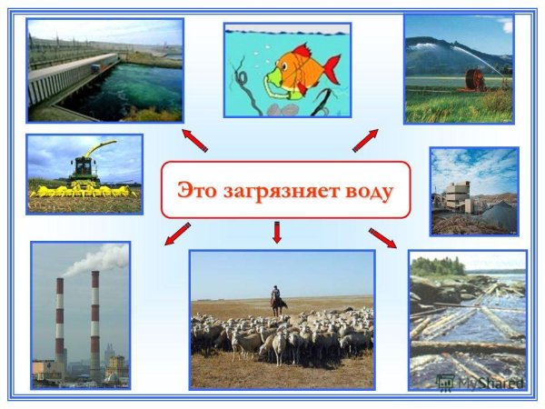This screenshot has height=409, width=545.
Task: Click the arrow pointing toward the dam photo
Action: pos(195,140)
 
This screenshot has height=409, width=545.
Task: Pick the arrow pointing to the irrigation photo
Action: pos(365,140)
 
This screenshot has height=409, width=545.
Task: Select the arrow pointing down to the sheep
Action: pos(277,233)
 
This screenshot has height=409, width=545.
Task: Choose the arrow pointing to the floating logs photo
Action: pos(383,238)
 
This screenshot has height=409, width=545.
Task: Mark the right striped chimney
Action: pos(94,323)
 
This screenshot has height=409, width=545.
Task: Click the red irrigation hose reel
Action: pos(473,79)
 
